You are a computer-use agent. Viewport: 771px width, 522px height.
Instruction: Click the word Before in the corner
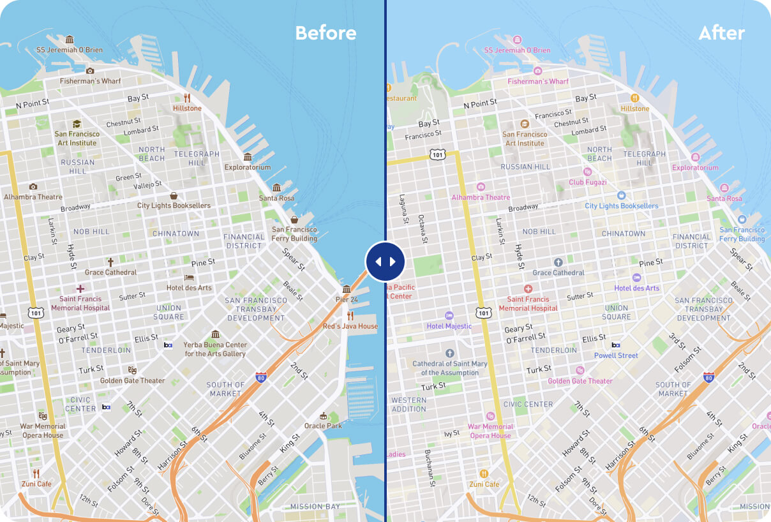click(326, 33)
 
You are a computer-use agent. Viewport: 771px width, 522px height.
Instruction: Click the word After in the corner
click(721, 33)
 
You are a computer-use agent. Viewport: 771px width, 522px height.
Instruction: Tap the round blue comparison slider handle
click(385, 262)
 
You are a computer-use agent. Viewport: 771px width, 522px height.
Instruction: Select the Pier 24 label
click(347, 299)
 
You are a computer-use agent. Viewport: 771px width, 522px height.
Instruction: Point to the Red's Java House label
click(350, 326)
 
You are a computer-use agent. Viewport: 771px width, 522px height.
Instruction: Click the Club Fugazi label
click(588, 183)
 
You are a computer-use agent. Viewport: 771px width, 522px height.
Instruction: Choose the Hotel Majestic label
click(449, 326)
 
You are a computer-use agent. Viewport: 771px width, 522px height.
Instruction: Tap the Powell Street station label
click(616, 355)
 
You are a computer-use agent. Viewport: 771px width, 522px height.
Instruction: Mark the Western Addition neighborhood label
click(408, 405)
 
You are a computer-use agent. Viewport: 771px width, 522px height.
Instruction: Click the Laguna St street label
click(403, 209)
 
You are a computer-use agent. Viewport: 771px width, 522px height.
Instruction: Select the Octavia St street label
click(422, 228)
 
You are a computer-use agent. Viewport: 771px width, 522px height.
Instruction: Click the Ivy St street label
click(452, 433)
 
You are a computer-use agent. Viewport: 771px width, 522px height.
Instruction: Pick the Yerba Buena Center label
click(215, 349)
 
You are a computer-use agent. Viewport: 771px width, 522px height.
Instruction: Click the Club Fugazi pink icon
click(588, 172)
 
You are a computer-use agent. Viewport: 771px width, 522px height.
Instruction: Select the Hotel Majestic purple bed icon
click(449, 315)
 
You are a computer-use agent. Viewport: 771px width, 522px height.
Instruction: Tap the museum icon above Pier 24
click(347, 289)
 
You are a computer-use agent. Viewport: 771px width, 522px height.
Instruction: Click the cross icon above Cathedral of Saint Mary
click(449, 353)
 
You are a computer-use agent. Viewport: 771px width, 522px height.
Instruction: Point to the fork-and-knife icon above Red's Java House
click(350, 315)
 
